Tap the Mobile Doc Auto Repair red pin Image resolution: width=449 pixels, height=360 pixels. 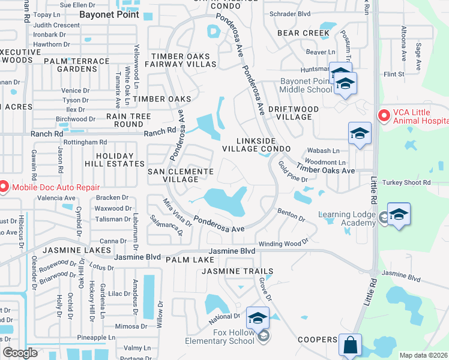coord(3,187)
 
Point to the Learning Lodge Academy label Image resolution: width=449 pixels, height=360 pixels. coord(347,219)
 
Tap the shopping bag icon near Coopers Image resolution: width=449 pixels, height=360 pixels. coord(350,346)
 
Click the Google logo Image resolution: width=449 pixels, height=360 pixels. coord(20,353)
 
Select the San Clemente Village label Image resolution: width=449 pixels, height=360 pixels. coord(181,175)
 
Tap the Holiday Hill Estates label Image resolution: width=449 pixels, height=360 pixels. coord(120,160)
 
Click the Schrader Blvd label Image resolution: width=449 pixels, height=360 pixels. coord(290,13)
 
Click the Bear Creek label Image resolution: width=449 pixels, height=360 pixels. coord(307,33)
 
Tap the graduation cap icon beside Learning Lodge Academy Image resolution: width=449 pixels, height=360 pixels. coord(399,215)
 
